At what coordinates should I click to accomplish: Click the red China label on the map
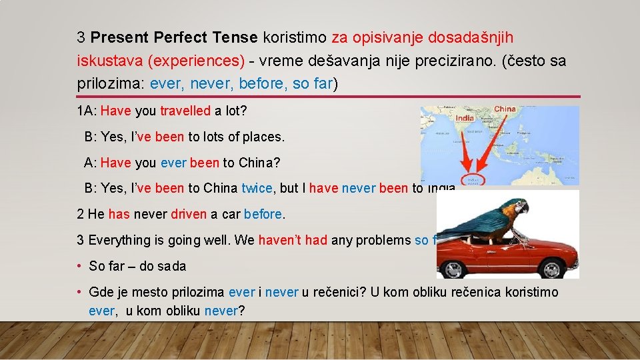(x=504, y=109)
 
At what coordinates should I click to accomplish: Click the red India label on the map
(x=464, y=118)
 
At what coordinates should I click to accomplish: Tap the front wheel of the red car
(x=551, y=268)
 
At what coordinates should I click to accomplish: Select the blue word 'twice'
(x=257, y=188)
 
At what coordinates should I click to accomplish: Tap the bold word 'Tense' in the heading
(x=237, y=37)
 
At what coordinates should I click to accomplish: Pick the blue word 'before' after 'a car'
(x=263, y=215)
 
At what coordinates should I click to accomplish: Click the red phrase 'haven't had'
(x=293, y=240)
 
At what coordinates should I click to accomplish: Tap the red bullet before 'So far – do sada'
(x=79, y=266)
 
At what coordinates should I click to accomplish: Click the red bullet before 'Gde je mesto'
(x=79, y=293)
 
